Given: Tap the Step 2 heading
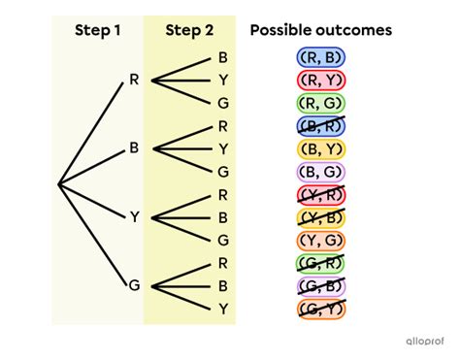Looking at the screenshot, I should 189,30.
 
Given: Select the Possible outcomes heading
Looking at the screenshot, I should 321,30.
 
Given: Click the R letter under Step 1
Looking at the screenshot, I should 134,80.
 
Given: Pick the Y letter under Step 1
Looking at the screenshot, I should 134,217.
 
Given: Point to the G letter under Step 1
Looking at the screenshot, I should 134,285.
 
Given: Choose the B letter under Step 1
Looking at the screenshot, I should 134,148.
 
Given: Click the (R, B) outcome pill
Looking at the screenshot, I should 321,57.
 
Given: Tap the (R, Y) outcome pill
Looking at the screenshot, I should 321,80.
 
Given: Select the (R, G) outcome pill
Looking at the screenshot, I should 321,103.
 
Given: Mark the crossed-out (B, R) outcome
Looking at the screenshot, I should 321,126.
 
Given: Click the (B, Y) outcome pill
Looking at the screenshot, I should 321,148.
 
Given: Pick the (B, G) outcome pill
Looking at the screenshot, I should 321,172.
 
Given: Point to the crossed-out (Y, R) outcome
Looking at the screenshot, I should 321,194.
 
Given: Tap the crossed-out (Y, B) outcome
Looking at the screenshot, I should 321,217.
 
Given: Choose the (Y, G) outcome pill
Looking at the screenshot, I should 321,240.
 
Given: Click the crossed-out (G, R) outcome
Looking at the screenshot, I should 321,263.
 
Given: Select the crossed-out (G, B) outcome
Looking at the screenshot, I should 321,285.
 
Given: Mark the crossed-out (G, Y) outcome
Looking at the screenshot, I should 321,309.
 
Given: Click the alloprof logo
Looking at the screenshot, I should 423,342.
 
